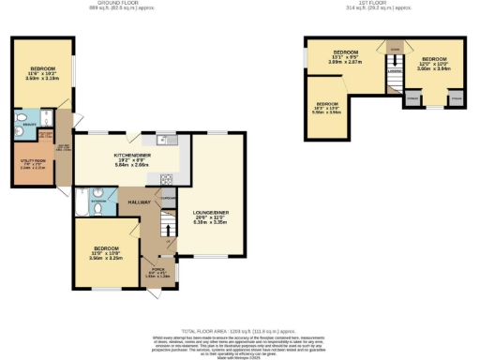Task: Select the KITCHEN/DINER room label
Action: click(x=129, y=154)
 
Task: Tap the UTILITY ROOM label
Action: click(x=32, y=162)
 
